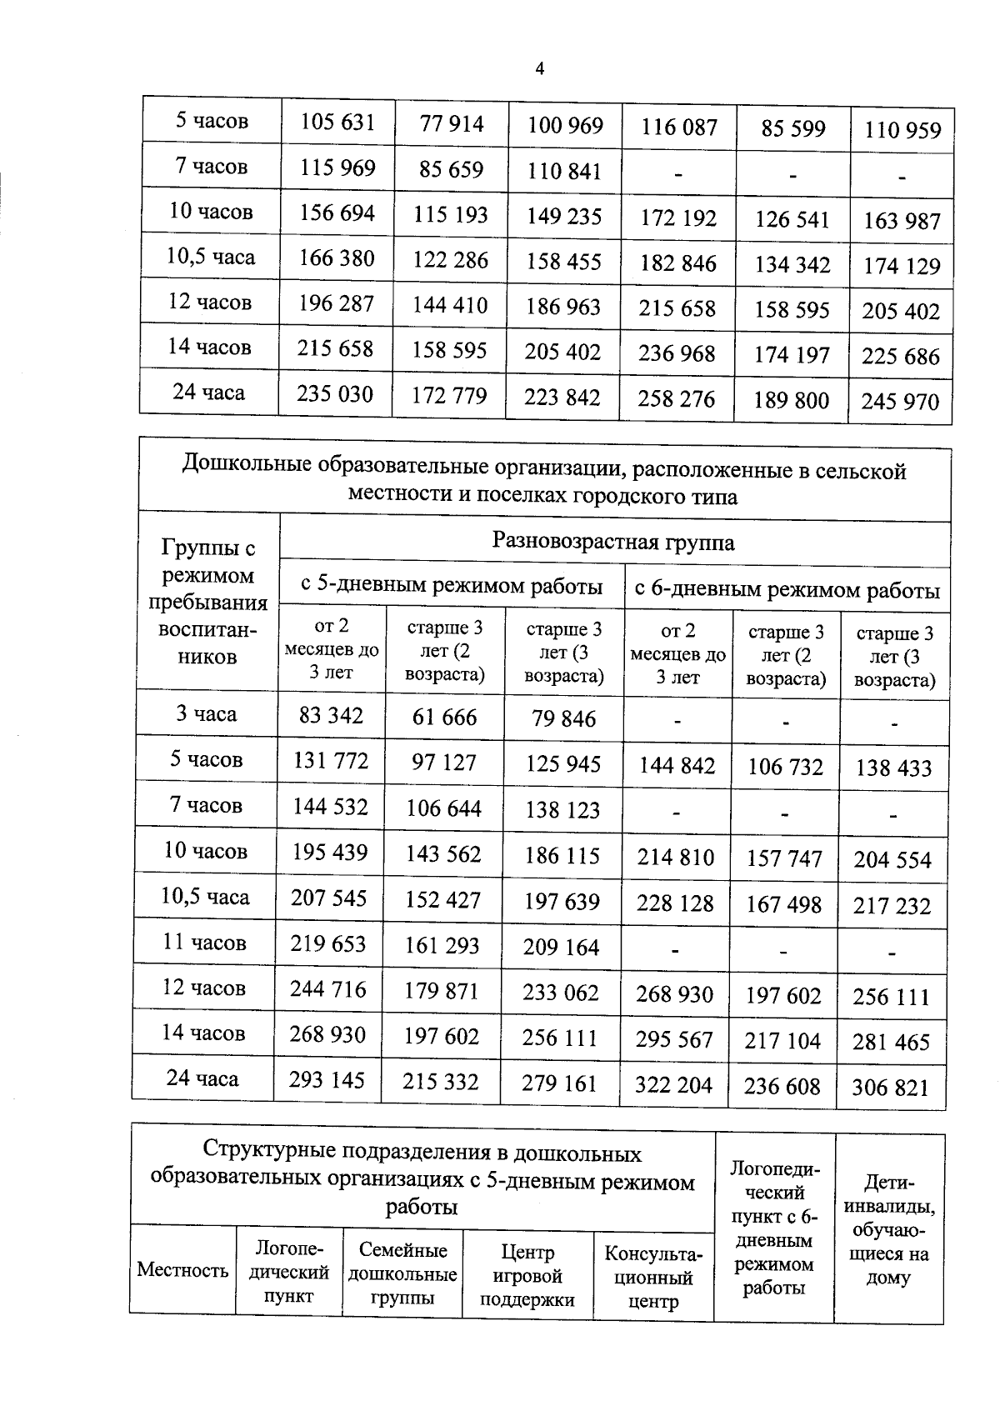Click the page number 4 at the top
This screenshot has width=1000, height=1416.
(539, 69)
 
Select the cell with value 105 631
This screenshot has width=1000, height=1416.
(337, 123)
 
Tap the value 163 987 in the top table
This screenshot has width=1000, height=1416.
(902, 222)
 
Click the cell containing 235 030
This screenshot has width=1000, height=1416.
(335, 393)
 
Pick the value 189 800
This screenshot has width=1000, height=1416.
(792, 401)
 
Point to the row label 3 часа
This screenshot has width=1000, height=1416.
(206, 714)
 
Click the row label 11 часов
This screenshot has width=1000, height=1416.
(204, 943)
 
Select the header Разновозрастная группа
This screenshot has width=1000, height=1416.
(613, 543)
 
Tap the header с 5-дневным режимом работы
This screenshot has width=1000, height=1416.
(452, 586)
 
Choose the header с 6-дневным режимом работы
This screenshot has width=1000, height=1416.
(787, 590)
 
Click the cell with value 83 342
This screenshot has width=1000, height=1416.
(331, 715)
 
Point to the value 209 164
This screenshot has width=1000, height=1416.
(561, 948)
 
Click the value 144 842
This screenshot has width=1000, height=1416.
(677, 765)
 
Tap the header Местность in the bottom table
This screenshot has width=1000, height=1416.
(182, 1270)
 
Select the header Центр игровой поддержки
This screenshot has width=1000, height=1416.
(527, 1275)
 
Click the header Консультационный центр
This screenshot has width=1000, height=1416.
(653, 1278)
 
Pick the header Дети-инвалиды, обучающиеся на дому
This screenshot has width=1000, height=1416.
(888, 1229)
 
